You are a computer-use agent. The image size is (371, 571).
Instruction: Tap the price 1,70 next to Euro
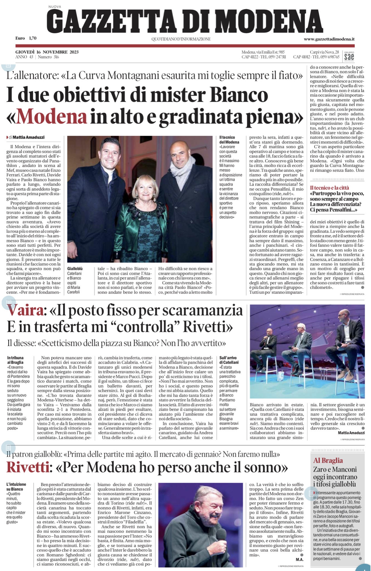coord(32,38)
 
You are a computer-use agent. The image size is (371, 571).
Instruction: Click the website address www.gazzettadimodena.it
coord(329,39)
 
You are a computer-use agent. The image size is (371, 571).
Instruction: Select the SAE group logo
coord(349,56)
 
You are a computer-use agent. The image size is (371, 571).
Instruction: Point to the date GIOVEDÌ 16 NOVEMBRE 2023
coord(47,52)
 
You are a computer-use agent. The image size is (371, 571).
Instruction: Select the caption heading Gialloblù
coord(75,269)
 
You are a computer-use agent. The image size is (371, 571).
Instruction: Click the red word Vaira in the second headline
coord(25,311)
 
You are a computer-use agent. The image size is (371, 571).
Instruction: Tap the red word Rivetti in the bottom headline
coord(27,467)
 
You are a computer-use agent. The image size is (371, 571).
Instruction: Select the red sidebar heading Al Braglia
coord(328,461)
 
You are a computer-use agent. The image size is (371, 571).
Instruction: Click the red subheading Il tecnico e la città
coord(329,188)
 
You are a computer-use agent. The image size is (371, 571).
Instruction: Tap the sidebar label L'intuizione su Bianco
coord(16,487)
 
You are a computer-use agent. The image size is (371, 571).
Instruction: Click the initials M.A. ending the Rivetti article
coord(300,559)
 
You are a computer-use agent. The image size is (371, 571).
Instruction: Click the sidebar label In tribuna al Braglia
coord(15,360)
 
